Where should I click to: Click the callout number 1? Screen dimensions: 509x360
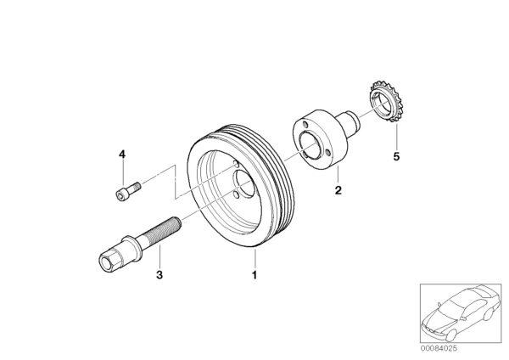(255, 275)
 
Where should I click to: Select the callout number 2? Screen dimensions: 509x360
(338, 190)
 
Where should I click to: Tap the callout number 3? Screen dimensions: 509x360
(159, 275)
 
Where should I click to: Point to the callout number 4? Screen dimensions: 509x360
(122, 154)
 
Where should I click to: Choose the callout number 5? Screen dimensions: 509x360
(396, 156)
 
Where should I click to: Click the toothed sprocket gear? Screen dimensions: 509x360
(386, 101)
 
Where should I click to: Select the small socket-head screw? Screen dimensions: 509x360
(128, 191)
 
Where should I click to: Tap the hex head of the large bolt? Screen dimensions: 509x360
(110, 261)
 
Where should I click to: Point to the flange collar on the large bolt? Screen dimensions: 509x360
(132, 248)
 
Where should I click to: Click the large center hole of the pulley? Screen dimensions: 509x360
(244, 183)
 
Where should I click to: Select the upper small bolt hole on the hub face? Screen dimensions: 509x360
(305, 125)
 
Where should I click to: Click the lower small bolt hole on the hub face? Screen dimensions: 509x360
(327, 152)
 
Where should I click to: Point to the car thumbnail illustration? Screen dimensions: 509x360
(461, 313)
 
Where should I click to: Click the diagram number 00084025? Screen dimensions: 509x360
(439, 348)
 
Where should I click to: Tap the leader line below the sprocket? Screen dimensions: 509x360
(396, 136)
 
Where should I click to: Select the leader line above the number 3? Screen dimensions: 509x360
(159, 256)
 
